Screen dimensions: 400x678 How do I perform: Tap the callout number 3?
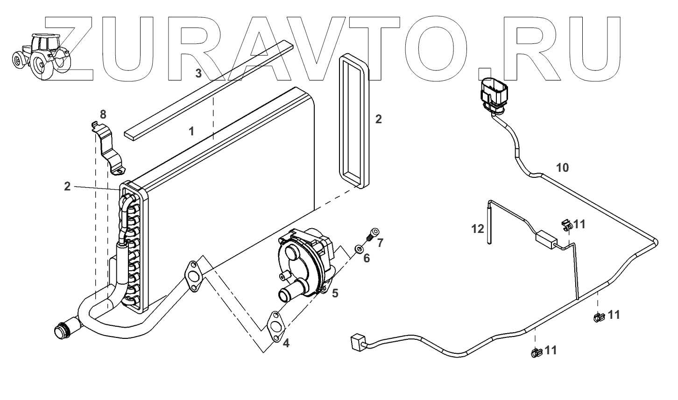click(x=198, y=73)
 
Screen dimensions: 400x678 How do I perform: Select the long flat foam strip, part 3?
click(x=208, y=89)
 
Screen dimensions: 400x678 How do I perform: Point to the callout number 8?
click(x=103, y=114)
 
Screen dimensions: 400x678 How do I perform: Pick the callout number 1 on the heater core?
click(x=191, y=131)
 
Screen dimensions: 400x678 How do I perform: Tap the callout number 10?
click(x=562, y=167)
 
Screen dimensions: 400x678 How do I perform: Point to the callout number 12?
click(x=478, y=229)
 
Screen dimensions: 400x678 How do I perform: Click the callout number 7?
click(x=380, y=243)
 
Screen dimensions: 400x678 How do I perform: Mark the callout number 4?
click(x=286, y=343)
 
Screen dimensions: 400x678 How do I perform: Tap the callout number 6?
click(x=367, y=258)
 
